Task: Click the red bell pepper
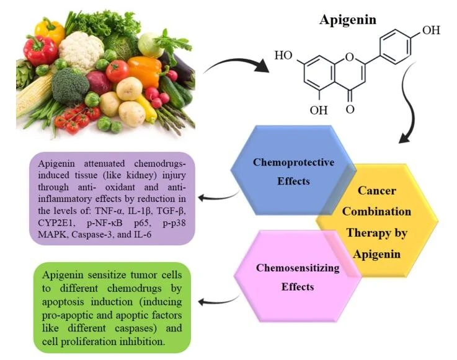point(40,50)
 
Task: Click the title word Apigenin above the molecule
point(348,20)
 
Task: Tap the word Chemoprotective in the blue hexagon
point(293,162)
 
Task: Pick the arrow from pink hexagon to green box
point(217,302)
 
